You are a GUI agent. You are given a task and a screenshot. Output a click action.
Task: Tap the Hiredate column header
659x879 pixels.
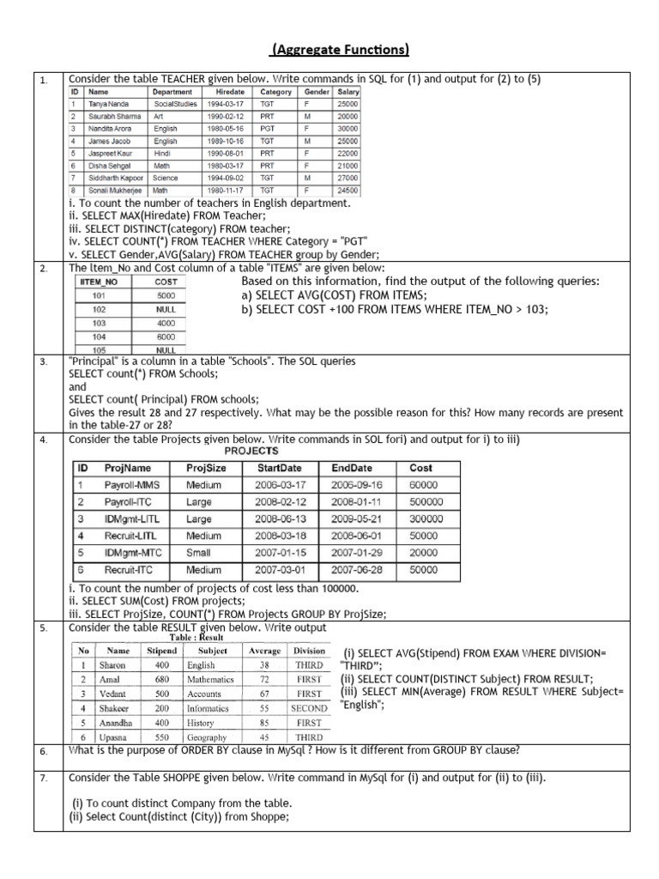230,91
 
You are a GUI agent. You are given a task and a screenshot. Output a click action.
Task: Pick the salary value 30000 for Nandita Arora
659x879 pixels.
348,129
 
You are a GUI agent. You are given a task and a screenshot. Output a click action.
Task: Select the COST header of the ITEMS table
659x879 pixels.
166,281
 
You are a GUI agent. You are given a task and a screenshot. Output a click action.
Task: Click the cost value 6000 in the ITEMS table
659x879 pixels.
166,337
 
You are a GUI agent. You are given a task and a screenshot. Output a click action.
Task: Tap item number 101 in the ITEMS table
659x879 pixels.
99,294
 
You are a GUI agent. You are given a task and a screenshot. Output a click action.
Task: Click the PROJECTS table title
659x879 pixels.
251,451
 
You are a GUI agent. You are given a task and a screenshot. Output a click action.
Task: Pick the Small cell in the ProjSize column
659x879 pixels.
198,553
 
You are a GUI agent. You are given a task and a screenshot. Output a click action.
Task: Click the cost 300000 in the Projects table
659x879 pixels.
426,519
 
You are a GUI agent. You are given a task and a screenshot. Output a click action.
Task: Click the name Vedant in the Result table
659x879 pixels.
112,694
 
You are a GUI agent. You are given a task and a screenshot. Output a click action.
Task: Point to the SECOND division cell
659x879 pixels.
308,708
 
